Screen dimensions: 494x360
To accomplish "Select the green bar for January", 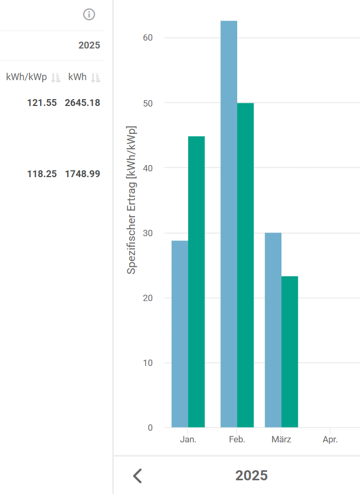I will tap(197, 282).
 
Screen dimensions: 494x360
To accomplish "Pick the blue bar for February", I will tap(229, 224).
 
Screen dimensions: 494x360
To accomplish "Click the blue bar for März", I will tap(273, 330).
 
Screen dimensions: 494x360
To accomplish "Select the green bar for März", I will tap(289, 351).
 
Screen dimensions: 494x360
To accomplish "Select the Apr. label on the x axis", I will tap(330, 440).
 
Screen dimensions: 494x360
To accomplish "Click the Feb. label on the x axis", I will tap(237, 440).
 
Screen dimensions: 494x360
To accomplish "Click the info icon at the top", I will tap(89, 15).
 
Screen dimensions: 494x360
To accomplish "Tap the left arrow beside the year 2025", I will tap(138, 476).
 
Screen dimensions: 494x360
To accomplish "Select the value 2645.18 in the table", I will tap(82, 103).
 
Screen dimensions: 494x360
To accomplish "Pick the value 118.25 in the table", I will tap(42, 173).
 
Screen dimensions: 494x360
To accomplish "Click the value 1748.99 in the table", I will tap(82, 173).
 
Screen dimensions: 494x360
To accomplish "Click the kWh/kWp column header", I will tap(26, 78).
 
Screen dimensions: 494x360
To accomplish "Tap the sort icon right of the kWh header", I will tap(95, 78).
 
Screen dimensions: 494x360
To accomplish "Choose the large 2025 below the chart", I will tap(251, 476).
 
